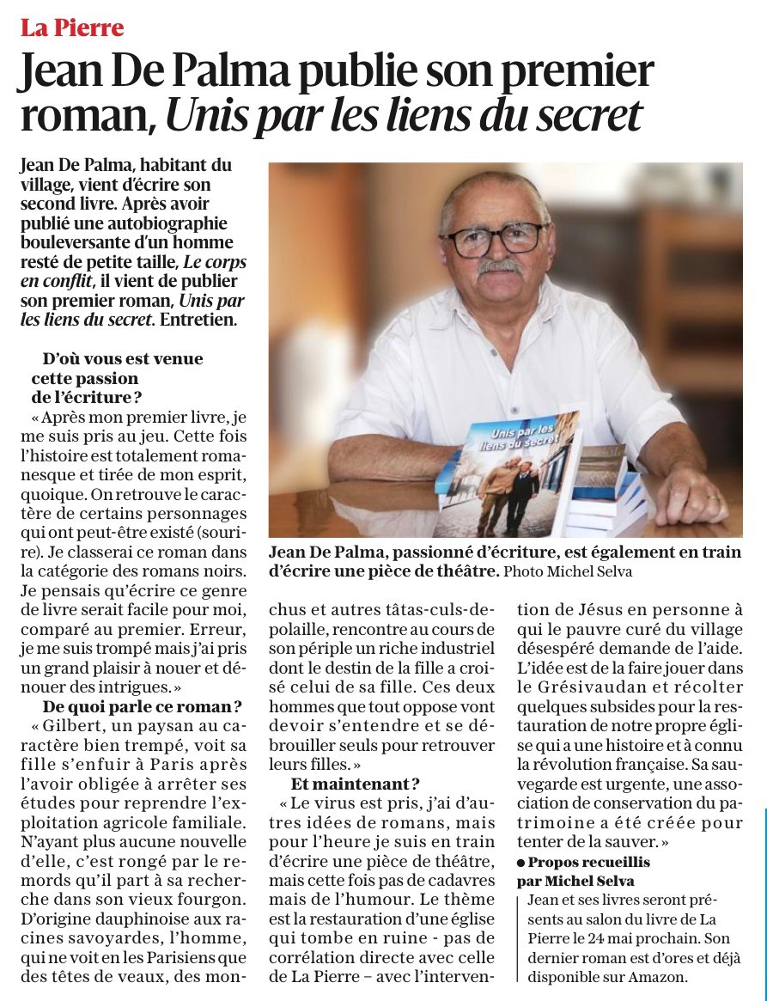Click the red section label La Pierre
(72, 28)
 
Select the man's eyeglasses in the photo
(496, 237)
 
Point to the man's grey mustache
(500, 267)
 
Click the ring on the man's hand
(712, 497)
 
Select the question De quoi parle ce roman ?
(142, 708)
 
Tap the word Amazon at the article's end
(658, 977)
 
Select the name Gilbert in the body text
(81, 727)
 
